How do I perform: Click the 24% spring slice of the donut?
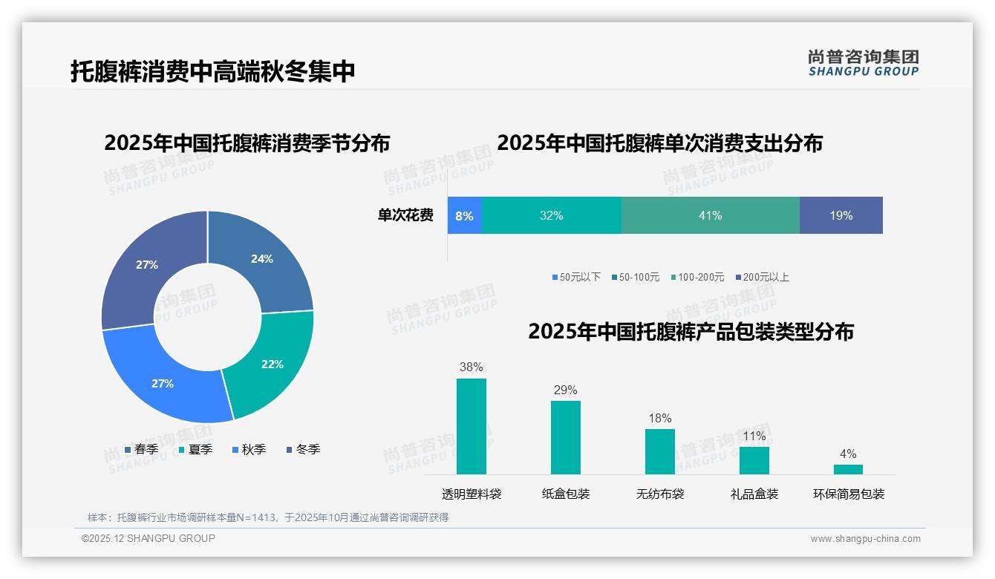click(x=267, y=260)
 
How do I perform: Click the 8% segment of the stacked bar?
click(x=465, y=215)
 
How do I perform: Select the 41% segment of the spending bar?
click(x=710, y=215)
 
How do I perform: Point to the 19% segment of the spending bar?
click(x=841, y=215)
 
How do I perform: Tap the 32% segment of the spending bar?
click(x=551, y=215)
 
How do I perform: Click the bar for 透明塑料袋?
click(x=472, y=426)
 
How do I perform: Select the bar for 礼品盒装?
click(x=754, y=460)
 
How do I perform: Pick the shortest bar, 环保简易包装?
click(x=848, y=469)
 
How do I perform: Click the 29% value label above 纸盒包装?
click(x=565, y=390)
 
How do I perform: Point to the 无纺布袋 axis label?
click(x=660, y=494)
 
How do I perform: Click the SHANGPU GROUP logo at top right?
click(x=863, y=63)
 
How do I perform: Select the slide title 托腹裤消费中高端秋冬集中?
click(x=212, y=71)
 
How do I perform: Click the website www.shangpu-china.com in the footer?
click(x=865, y=539)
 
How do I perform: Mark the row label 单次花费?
click(x=405, y=215)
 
